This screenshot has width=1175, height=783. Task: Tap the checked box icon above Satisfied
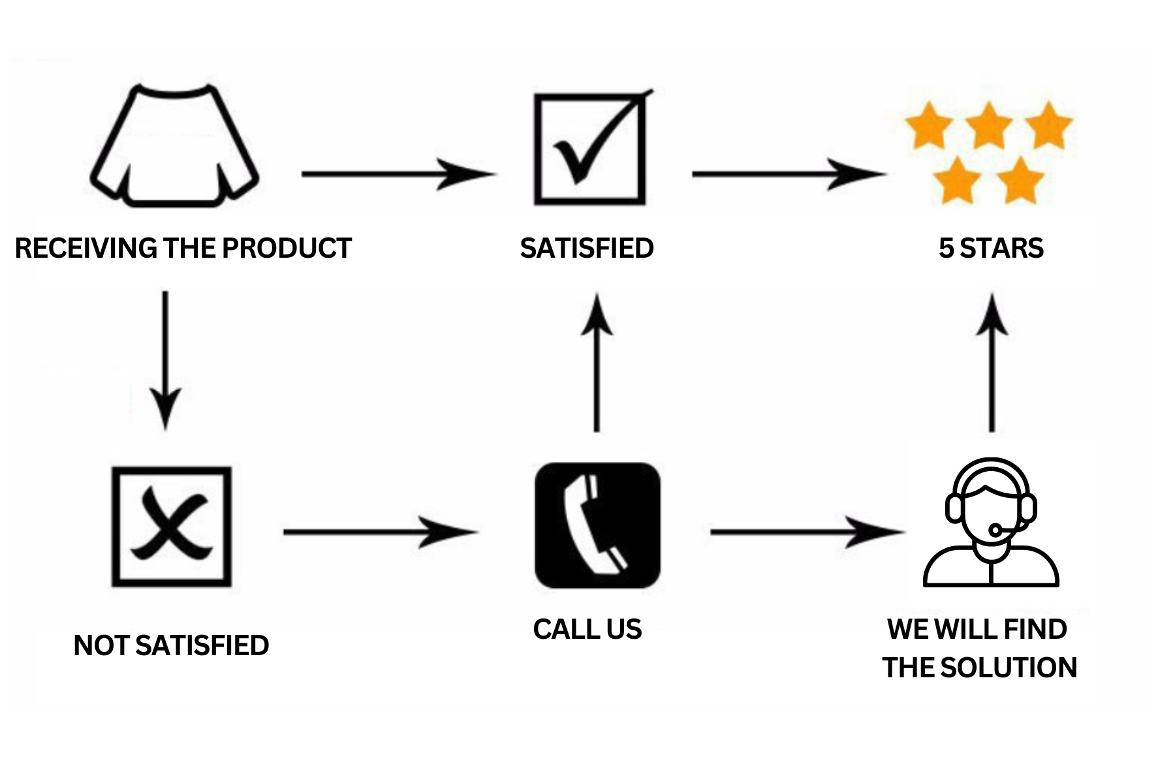pyautogui.click(x=589, y=149)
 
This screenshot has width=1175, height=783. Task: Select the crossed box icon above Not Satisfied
pyautogui.click(x=172, y=527)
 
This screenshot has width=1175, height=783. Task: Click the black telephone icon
pyautogui.click(x=597, y=525)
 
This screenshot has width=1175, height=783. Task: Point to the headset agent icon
pyautogui.click(x=990, y=522)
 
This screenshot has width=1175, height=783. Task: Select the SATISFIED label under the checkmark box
pyautogui.click(x=586, y=249)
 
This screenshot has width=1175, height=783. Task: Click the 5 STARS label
pyautogui.click(x=991, y=249)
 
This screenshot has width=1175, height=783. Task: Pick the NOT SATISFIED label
pyautogui.click(x=171, y=645)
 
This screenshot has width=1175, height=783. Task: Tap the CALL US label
pyautogui.click(x=587, y=629)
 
